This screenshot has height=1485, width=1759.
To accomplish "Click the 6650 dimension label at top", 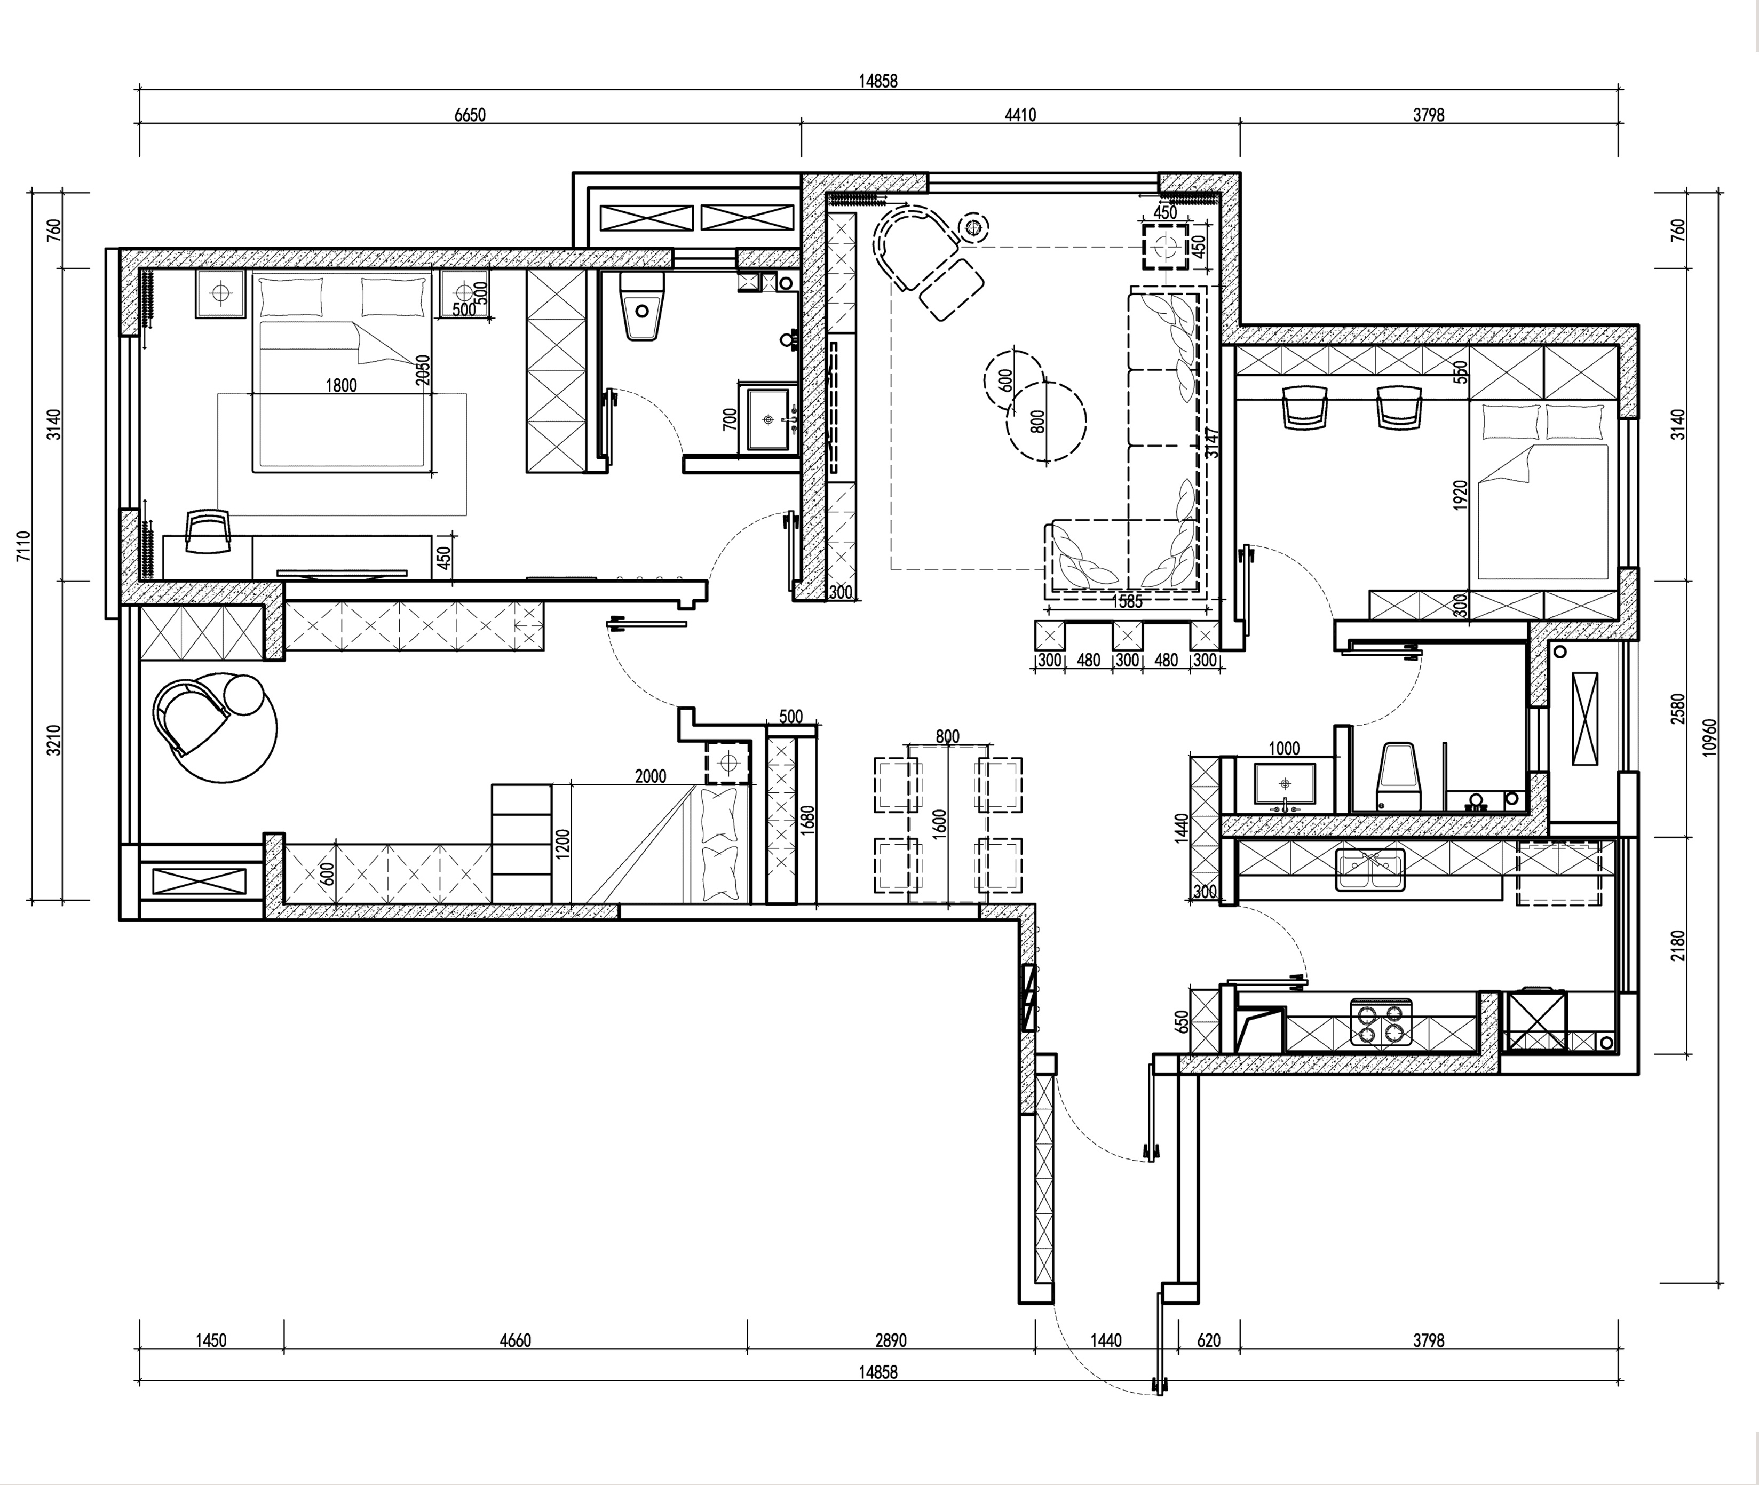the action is [470, 115].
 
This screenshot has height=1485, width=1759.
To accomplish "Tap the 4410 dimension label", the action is [1020, 115].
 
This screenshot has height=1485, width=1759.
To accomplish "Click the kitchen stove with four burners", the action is [1381, 1022].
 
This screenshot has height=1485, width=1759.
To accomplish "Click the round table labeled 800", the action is [1047, 422].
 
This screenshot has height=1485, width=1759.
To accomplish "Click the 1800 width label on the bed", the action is [341, 386].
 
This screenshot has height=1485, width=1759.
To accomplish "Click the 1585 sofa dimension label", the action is [1128, 601].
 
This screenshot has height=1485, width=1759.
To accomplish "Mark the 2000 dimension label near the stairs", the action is [650, 776].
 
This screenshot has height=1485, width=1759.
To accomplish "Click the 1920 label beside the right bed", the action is [1461, 495].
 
